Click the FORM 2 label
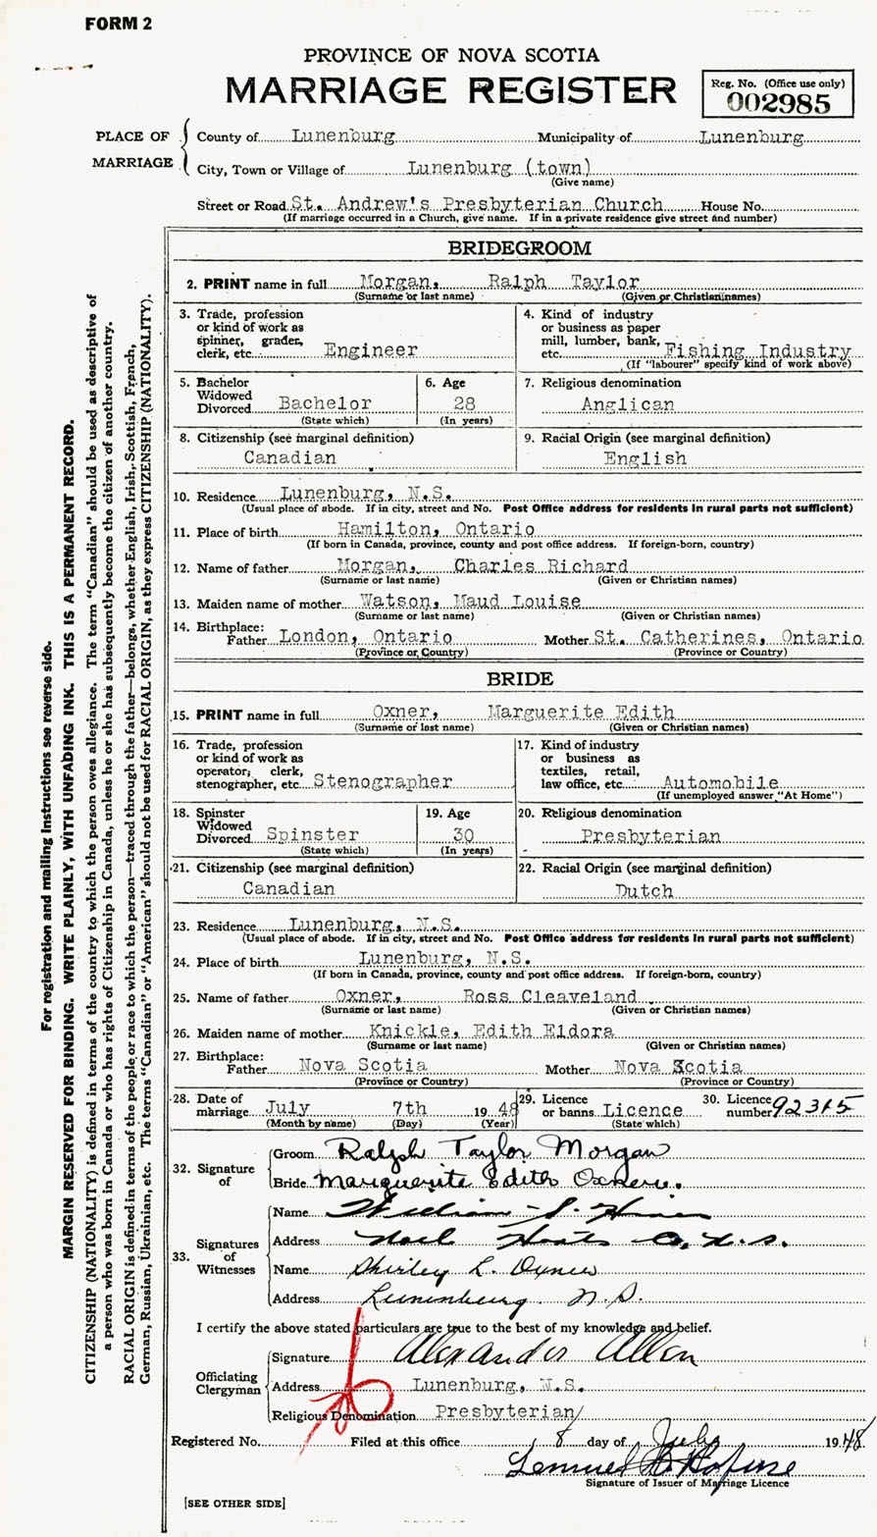click(119, 24)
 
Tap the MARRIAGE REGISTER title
click(451, 90)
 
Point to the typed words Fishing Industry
click(756, 350)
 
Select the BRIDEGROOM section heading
click(519, 248)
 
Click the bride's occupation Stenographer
click(384, 781)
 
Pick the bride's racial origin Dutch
click(645, 890)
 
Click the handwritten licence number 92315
click(809, 1107)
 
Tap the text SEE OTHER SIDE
click(233, 1503)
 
